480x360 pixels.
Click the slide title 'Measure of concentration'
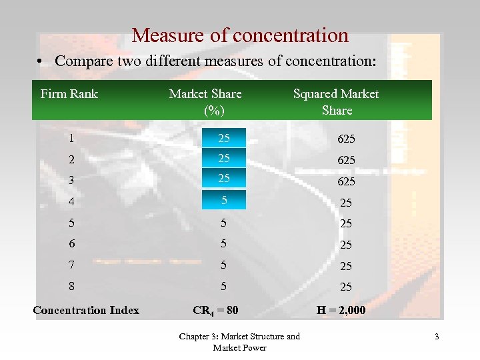240,35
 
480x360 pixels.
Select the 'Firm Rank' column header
69,94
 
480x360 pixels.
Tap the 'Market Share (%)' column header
205,101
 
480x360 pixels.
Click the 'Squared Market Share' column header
336,101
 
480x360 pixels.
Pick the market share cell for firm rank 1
224,139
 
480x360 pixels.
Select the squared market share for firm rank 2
346,160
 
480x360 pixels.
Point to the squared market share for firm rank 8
346,287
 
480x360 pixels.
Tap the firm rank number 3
71,181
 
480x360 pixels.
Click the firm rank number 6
71,245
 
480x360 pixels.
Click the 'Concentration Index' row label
86,310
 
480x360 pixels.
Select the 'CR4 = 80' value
215,310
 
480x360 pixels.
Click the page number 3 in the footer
437,337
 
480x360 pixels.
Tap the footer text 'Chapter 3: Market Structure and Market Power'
239,342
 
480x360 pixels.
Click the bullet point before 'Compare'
41,62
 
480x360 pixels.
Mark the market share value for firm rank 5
224,223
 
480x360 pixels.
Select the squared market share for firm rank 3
346,181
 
